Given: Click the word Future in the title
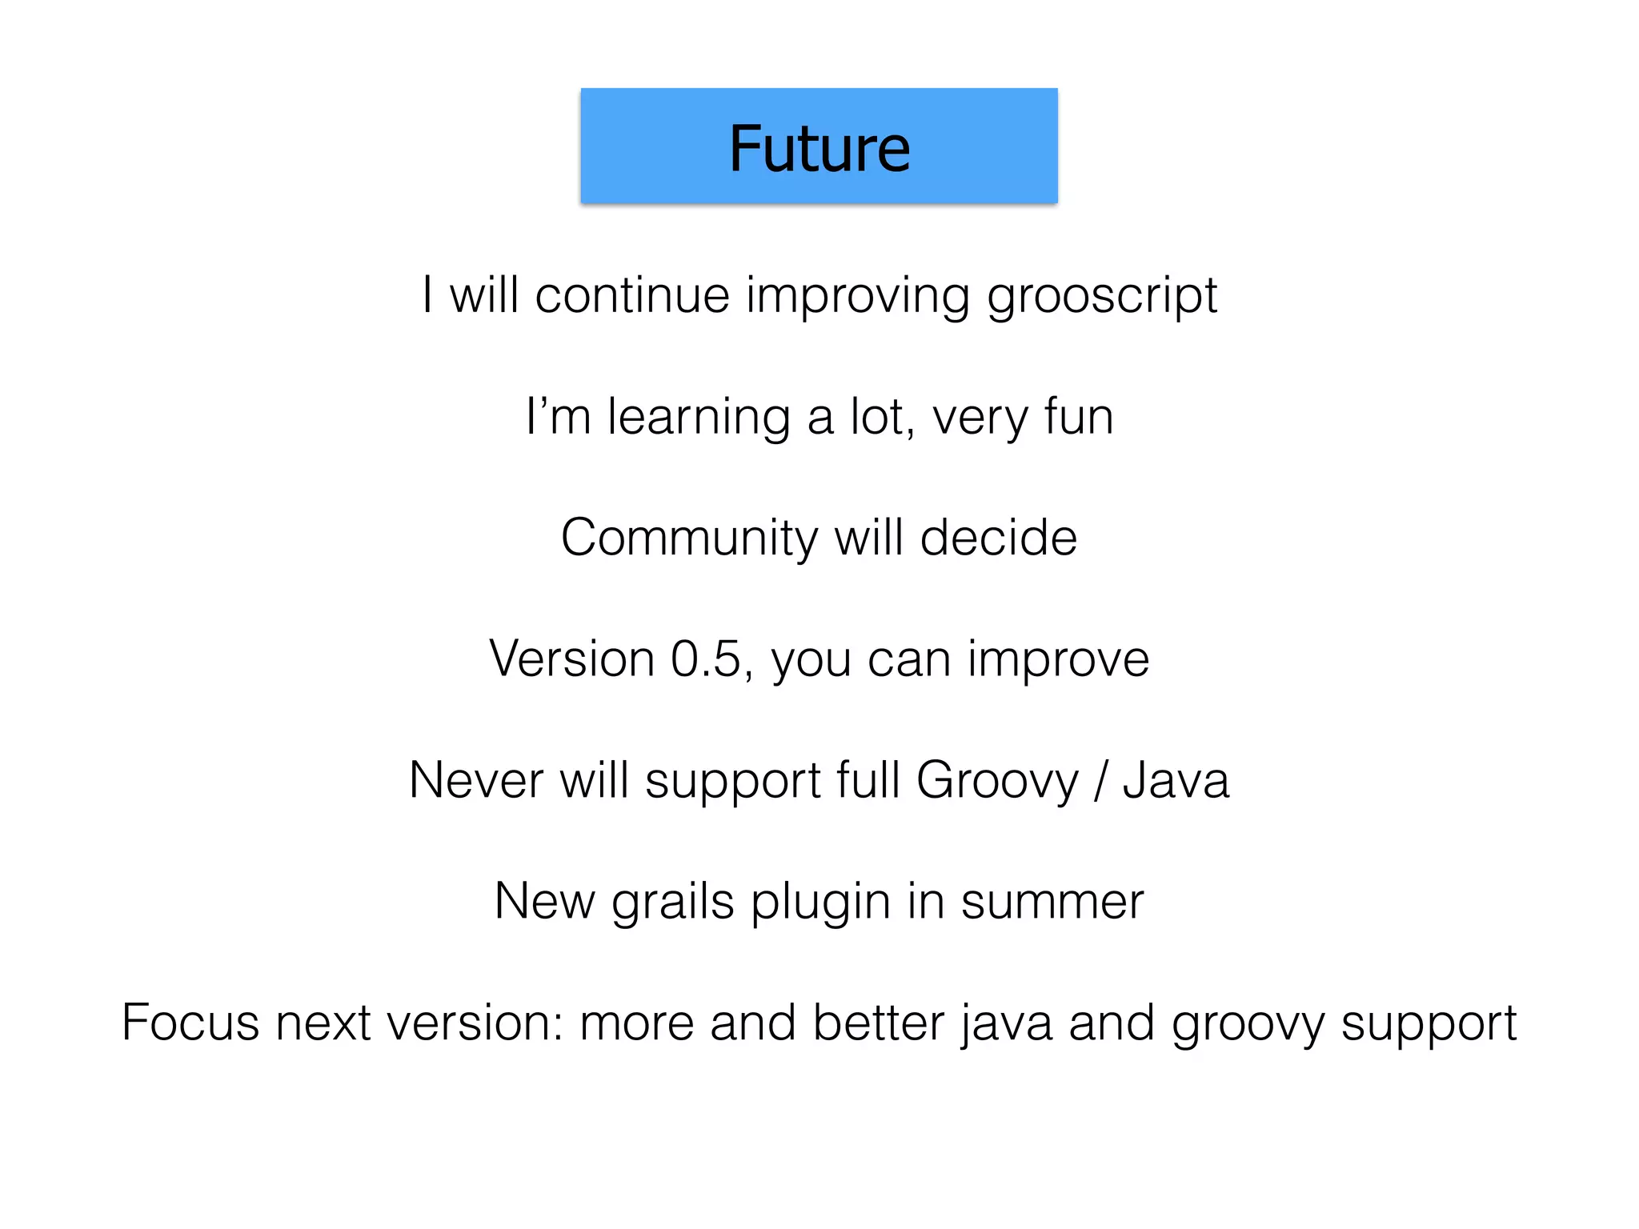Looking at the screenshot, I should (819, 149).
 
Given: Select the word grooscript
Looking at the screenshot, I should (1102, 297).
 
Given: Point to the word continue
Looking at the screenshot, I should (632, 295).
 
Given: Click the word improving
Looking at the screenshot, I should (857, 297).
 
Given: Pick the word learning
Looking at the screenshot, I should (699, 418).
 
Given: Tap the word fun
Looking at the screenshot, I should (1079, 418).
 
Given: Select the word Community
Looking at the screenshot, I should (689, 538).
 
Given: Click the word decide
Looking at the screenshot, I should (998, 538).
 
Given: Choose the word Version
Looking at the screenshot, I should (571, 659).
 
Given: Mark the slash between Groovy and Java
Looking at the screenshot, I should (1100, 782).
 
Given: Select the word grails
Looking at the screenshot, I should (673, 903).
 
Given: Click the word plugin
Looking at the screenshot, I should (820, 903).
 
